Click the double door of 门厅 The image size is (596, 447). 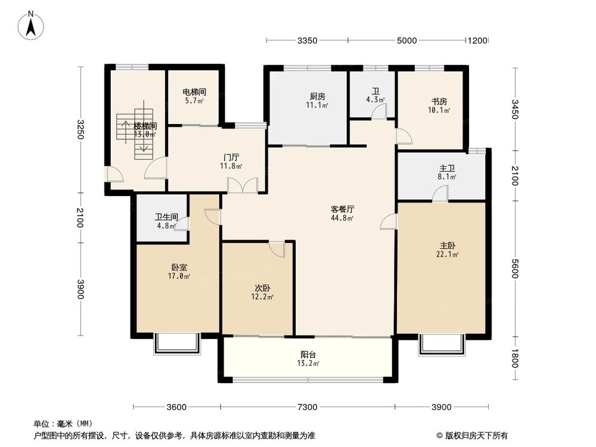point(243,185)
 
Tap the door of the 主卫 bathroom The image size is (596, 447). point(440,193)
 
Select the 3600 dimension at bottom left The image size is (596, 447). point(176,407)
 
